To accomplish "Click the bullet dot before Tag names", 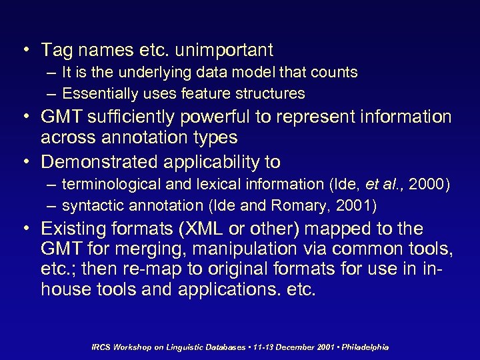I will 25,50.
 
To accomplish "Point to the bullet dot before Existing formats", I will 25,230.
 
